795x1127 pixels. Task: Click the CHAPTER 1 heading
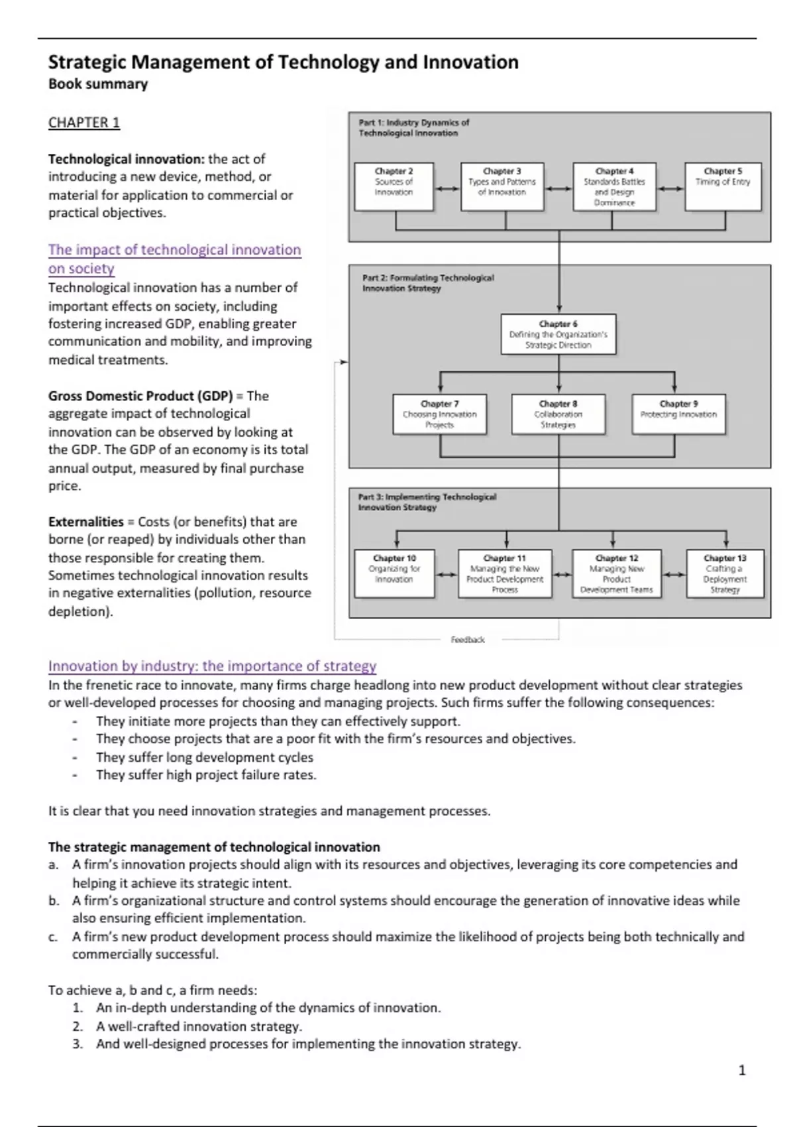(84, 123)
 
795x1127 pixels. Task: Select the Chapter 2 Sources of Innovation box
(394, 186)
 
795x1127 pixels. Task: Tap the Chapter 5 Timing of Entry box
(723, 186)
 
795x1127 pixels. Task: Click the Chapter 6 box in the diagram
(558, 334)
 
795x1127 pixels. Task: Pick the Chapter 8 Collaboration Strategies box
(558, 414)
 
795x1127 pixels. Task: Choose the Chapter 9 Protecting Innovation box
(678, 414)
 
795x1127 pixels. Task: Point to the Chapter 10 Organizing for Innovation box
(394, 573)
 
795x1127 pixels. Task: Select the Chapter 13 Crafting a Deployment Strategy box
(725, 573)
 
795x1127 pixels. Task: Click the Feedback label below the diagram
(468, 640)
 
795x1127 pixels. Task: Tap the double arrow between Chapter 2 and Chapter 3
(447, 188)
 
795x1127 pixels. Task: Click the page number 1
(742, 1070)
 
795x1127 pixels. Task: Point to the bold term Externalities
(86, 522)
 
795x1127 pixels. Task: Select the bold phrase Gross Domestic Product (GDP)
(140, 396)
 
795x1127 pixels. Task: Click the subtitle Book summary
(98, 84)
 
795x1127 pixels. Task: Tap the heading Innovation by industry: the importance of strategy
(212, 666)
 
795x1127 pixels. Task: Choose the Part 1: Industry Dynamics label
(413, 127)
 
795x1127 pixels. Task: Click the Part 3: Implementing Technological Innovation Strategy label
(427, 502)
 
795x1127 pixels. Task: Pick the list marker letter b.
(53, 901)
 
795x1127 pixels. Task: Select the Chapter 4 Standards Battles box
(614, 186)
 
